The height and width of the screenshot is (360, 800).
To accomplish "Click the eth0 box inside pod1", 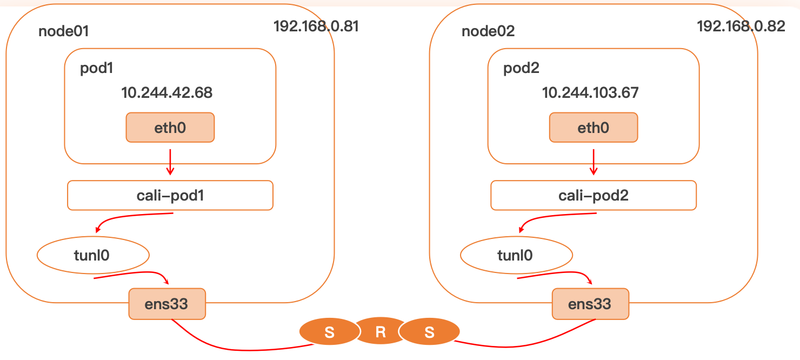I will (x=170, y=128).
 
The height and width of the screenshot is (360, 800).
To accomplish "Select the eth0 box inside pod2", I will (x=594, y=128).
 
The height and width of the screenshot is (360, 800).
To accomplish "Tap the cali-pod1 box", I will (x=170, y=195).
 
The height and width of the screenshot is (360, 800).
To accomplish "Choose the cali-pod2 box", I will (x=594, y=195).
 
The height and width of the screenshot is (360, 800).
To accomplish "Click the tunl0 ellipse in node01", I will (x=92, y=255).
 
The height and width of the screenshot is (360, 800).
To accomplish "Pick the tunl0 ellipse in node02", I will (x=516, y=255).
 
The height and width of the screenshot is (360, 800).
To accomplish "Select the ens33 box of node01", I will (x=167, y=304).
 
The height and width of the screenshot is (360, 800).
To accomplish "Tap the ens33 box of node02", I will (x=590, y=304).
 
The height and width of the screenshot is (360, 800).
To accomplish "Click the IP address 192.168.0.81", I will (x=316, y=26).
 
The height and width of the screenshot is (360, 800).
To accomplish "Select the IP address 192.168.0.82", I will (x=741, y=26).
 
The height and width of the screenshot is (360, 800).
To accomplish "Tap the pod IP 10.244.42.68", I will (x=167, y=93).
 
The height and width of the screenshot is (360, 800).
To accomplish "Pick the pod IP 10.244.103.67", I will (x=590, y=93).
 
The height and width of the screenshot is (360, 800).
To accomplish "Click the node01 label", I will (x=63, y=31).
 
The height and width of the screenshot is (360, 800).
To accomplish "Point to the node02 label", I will (x=488, y=31).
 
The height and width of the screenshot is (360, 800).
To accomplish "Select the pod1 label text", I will (x=97, y=69).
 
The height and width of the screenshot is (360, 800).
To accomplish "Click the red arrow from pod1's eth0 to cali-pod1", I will (x=170, y=162).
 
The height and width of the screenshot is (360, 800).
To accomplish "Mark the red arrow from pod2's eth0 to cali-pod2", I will (x=594, y=162).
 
